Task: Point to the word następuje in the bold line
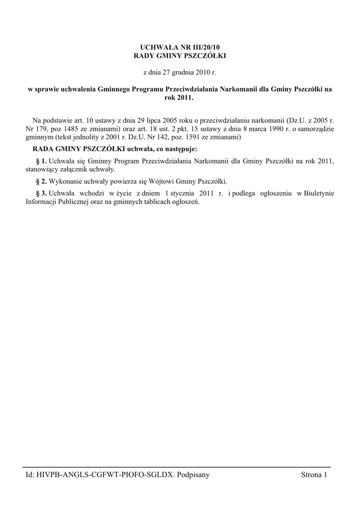pyautogui.click(x=179, y=149)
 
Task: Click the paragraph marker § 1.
pyautogui.click(x=42, y=161)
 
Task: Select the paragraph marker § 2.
pyautogui.click(x=42, y=181)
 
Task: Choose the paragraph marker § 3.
pyautogui.click(x=42, y=193)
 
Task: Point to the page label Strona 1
pyautogui.click(x=314, y=475)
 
